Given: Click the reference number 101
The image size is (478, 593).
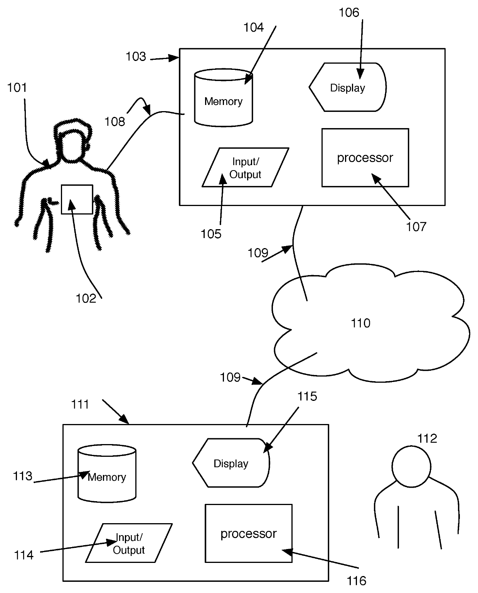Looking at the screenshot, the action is (x=17, y=88).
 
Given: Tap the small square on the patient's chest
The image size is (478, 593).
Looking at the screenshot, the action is (x=77, y=199).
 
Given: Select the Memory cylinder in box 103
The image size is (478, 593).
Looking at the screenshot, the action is (x=224, y=98).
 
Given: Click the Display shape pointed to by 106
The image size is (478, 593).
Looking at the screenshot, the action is (x=347, y=87).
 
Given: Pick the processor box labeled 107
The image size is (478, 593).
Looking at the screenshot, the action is (x=365, y=158).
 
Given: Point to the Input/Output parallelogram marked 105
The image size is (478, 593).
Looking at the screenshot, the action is (x=245, y=167).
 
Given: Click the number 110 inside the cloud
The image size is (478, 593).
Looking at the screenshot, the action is (x=360, y=323).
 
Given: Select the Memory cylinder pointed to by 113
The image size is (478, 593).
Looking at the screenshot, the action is (x=107, y=473).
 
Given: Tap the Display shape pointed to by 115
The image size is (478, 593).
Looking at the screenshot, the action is (x=231, y=463).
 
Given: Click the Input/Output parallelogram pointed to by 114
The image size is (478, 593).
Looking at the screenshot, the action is (x=129, y=543).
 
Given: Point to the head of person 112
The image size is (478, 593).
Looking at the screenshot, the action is (x=411, y=466).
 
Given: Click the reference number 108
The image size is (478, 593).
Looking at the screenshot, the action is (x=114, y=122).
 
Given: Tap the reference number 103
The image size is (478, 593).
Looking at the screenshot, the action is (x=136, y=56).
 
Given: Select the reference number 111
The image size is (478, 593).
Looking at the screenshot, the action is (x=80, y=404).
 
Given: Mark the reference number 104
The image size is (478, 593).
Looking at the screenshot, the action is (x=254, y=27).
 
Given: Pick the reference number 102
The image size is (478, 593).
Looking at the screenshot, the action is (x=86, y=298).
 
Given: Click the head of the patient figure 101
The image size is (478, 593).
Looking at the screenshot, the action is (x=73, y=140).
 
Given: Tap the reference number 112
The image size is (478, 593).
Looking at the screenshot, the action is (x=427, y=439).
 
